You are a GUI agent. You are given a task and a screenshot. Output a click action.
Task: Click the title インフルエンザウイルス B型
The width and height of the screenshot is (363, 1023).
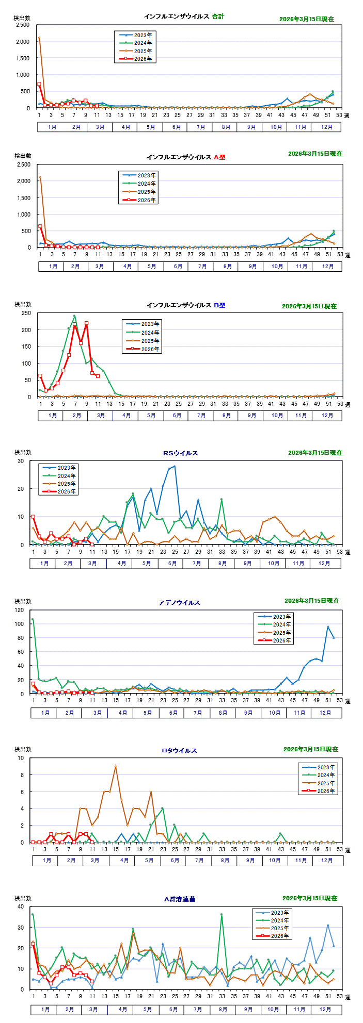tap(186, 305)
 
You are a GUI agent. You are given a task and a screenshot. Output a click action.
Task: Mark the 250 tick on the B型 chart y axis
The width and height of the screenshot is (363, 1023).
tap(26, 313)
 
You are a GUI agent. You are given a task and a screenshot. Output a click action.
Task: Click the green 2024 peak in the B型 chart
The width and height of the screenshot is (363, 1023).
tap(74, 316)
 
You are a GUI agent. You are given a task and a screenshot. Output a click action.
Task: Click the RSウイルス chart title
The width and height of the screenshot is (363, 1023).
tap(181, 453)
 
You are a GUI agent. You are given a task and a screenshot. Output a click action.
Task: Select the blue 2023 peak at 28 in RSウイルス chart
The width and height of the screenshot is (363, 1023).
tap(175, 466)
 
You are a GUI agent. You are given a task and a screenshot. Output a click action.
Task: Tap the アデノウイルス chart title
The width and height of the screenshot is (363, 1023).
tap(179, 603)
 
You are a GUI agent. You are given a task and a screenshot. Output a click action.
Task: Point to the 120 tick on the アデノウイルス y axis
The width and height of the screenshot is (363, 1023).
tap(20, 610)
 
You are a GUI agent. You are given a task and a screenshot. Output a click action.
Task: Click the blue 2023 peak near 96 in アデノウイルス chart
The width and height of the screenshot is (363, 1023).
tap(328, 627)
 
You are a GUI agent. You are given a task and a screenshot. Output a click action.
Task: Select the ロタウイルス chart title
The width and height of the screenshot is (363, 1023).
tap(179, 751)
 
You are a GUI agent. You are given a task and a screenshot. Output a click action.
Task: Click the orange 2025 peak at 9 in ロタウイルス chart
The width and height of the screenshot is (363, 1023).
tap(116, 767)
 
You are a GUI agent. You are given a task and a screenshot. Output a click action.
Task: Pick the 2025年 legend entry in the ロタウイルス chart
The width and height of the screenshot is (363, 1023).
tap(326, 783)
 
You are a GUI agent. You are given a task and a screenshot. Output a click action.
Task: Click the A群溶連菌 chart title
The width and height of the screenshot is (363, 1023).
tap(180, 899)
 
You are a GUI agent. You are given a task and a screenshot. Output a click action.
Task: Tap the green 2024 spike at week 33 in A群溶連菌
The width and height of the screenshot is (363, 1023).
tap(222, 914)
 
